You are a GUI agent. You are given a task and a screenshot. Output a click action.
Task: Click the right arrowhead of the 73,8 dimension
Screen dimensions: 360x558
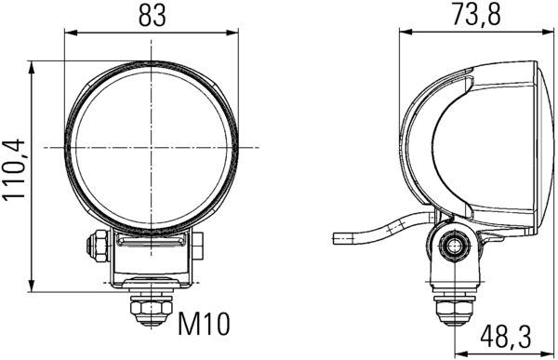click(542, 33)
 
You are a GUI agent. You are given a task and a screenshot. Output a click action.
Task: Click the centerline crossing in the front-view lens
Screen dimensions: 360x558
click(151, 148)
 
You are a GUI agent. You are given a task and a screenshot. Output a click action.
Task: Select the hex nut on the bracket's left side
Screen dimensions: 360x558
click(95, 247)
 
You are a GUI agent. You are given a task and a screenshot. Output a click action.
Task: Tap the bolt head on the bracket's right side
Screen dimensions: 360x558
click(198, 247)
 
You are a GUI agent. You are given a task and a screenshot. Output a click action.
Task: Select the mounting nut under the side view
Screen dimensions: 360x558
click(454, 308)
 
